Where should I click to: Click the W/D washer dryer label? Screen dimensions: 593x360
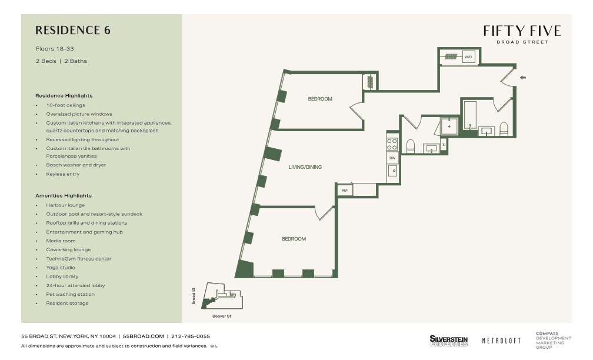tap(468, 57)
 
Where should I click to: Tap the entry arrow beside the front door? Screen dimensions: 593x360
tap(522, 78)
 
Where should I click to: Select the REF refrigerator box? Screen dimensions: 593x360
tap(345, 190)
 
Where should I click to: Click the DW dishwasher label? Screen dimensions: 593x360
tap(392, 158)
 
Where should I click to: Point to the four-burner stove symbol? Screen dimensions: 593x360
tap(392, 144)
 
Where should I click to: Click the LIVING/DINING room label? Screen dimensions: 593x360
tap(305, 167)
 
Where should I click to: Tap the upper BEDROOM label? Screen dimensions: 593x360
tap(320, 99)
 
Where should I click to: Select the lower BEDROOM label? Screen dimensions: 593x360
tap(294, 239)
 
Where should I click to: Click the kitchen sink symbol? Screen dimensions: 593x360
tap(392, 171)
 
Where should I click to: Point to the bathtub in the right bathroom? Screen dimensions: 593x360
tap(470, 115)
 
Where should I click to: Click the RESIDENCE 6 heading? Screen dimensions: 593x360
tap(73, 30)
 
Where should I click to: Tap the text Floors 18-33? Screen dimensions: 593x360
tap(55, 49)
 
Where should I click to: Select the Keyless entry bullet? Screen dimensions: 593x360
tap(63, 174)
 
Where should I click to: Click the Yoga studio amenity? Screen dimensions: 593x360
tap(61, 268)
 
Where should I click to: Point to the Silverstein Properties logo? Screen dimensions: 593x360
tap(448, 341)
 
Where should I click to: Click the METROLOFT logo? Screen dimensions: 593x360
tap(501, 341)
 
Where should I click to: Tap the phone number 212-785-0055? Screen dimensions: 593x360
tap(191, 336)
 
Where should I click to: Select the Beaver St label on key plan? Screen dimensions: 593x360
tap(222, 316)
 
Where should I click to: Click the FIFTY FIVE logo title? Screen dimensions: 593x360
tap(522, 31)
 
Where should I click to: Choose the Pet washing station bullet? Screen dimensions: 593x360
tap(71, 295)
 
